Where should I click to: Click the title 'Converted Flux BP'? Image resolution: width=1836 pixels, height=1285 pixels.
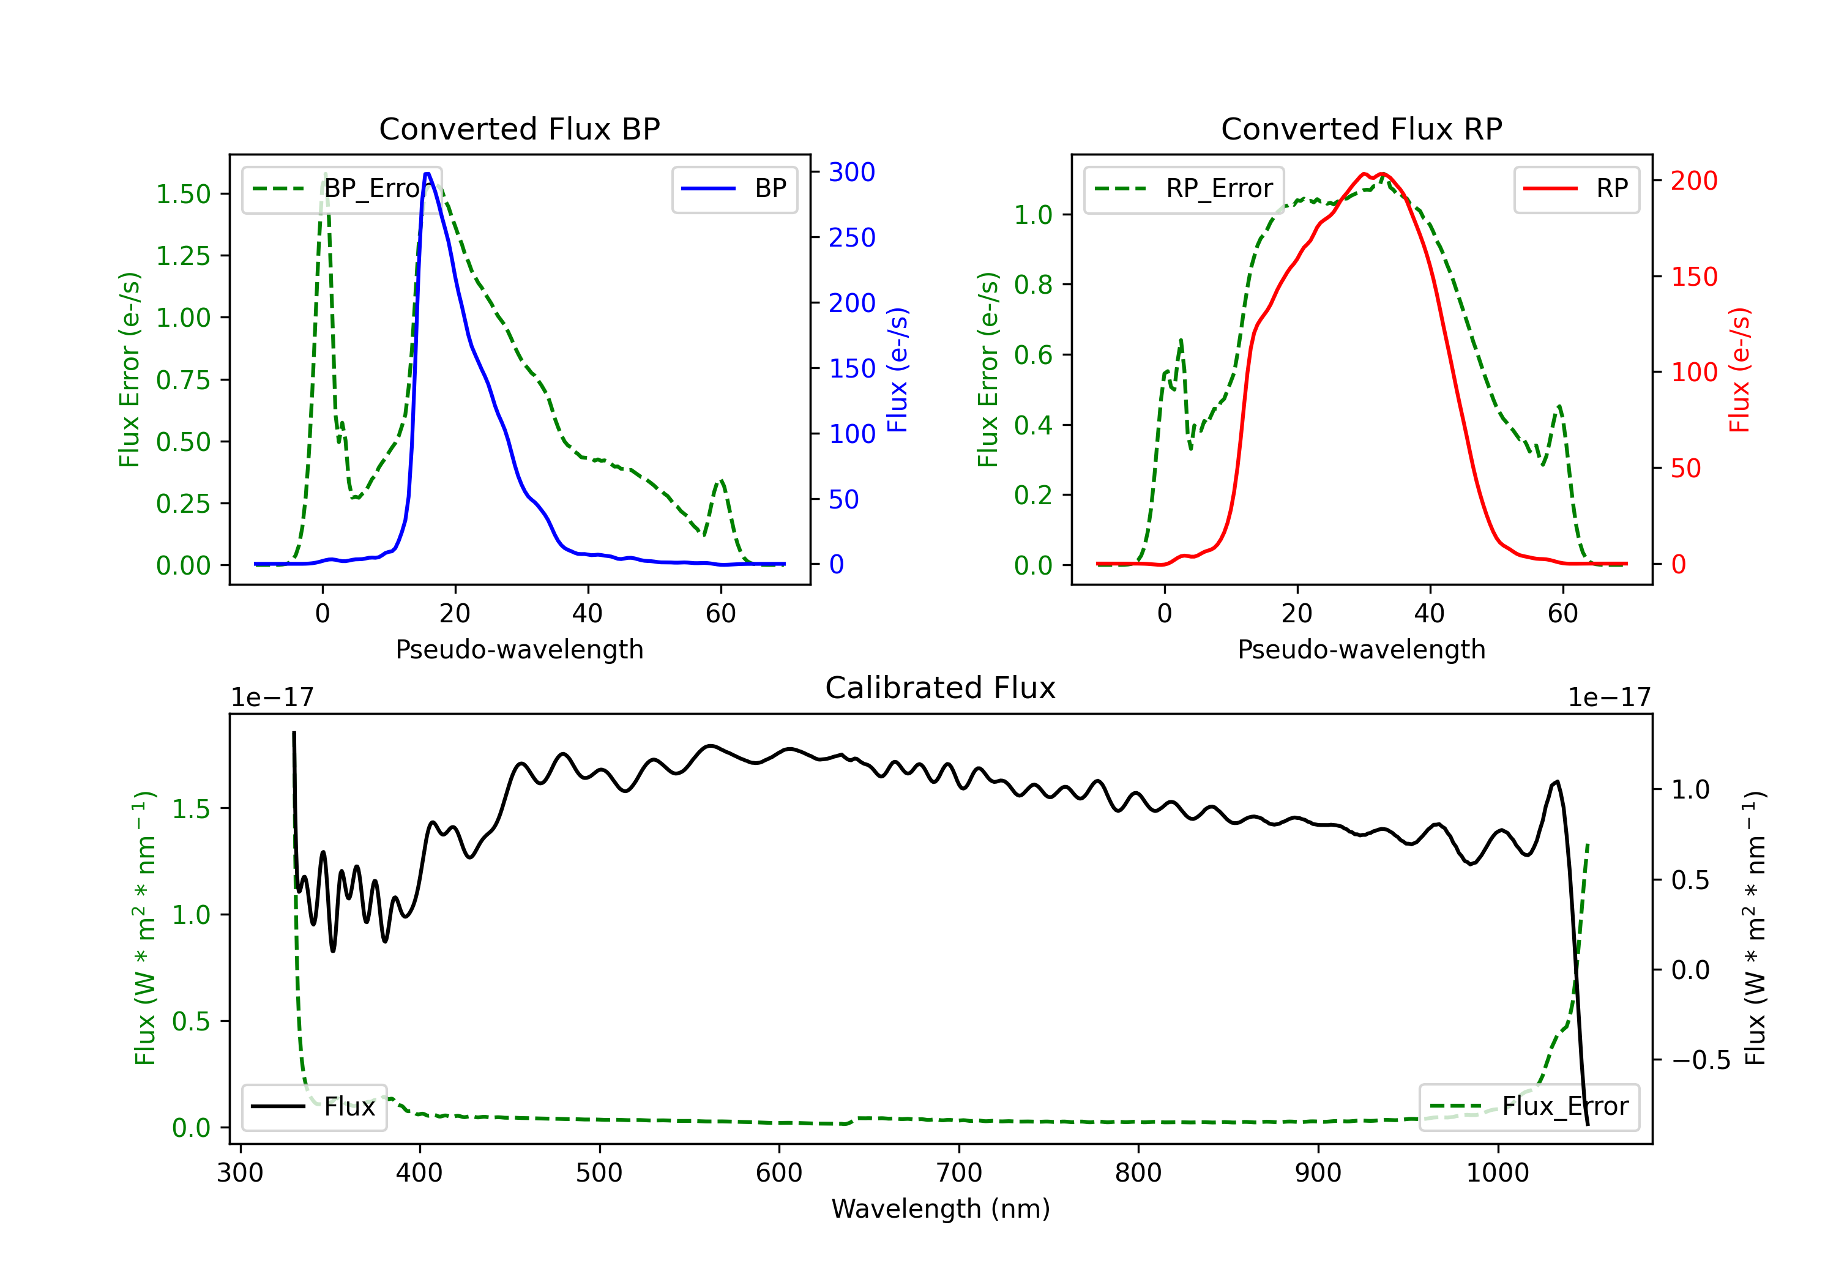[x=519, y=128]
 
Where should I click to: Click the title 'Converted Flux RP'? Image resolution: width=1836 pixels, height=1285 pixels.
[x=1361, y=128]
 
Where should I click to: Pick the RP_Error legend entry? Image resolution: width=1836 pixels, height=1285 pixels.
[x=1184, y=188]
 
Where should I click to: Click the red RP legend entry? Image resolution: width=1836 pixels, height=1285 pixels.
[x=1576, y=188]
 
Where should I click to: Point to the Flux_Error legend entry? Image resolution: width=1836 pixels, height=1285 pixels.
[x=1529, y=1107]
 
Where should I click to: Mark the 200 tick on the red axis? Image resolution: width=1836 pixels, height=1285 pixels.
[x=1693, y=181]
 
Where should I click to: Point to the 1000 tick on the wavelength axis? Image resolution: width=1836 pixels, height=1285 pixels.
[x=1497, y=1173]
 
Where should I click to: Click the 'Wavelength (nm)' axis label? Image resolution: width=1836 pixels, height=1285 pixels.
[x=941, y=1209]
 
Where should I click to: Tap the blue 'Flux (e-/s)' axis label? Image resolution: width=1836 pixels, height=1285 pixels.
[x=898, y=370]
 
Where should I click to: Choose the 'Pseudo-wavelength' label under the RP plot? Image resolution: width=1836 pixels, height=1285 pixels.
[x=1361, y=649]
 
